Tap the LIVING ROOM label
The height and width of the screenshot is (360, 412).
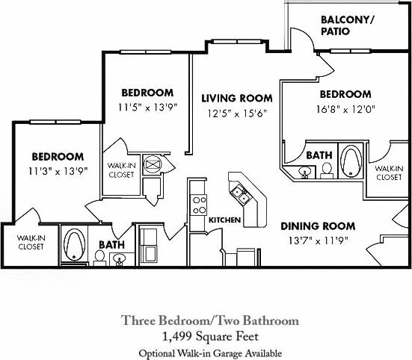[x=236, y=98]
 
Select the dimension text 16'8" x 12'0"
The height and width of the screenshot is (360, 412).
[x=345, y=109]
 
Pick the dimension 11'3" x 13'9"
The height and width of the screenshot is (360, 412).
[x=57, y=170]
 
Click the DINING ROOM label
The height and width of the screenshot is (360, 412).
[x=318, y=226]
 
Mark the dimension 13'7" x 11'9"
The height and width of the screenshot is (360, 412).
[x=318, y=240]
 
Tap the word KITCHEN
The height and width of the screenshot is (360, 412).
[x=224, y=220]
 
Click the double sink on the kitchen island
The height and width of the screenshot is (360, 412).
[x=241, y=194]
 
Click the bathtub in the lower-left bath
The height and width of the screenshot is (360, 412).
[x=74, y=243]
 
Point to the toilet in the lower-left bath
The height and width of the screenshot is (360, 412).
[x=99, y=258]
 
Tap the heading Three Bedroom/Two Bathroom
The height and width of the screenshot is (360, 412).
[x=210, y=320]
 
